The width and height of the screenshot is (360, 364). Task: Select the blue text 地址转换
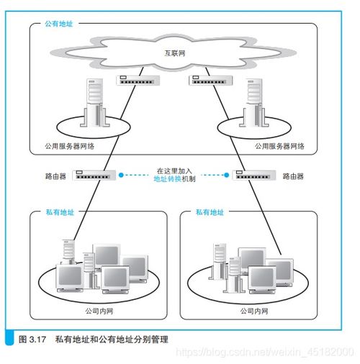pyautogui.click(x=168, y=178)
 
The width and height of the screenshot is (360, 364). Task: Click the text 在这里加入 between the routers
pyautogui.click(x=175, y=170)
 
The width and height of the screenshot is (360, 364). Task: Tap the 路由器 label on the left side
pyautogui.click(x=55, y=175)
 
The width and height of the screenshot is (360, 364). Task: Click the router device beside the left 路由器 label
pyautogui.click(x=94, y=174)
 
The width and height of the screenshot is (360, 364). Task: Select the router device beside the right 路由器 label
pyautogui.click(x=255, y=174)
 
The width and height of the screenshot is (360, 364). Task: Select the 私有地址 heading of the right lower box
pyautogui.click(x=210, y=213)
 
